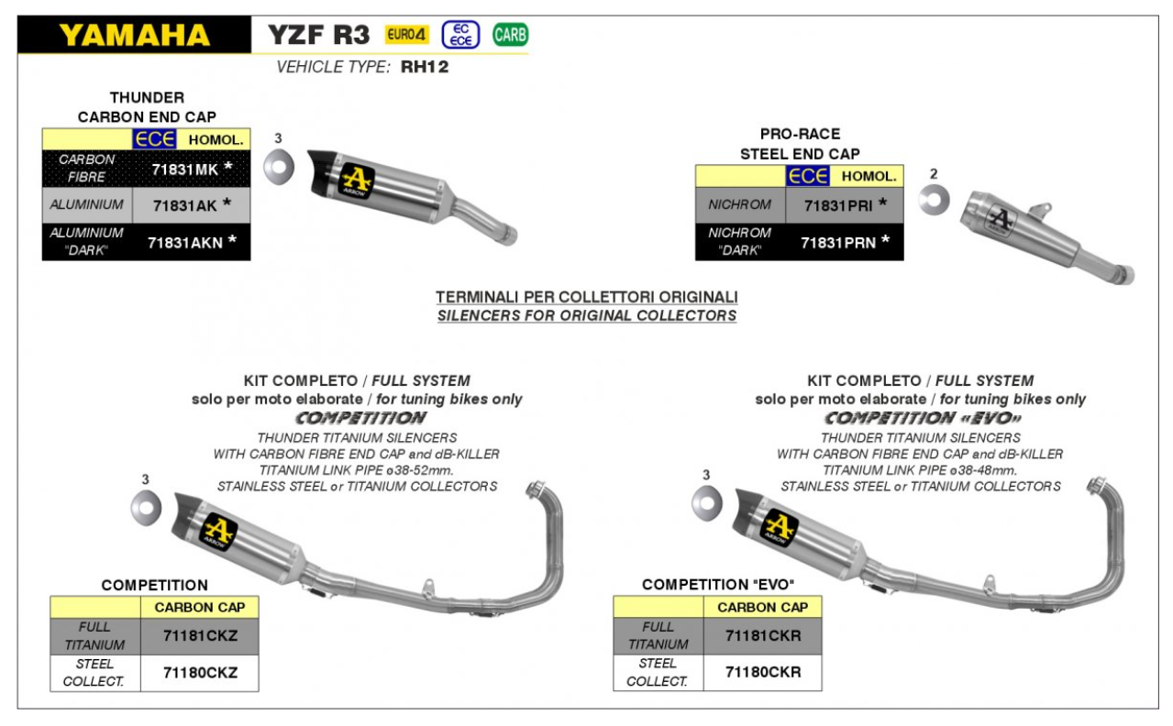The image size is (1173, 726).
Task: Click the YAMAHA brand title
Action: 134,36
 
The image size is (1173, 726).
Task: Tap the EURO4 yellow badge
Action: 406,36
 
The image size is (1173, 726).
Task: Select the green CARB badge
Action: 510,36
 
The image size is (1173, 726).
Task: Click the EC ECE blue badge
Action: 459,36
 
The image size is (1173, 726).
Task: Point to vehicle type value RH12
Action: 425,67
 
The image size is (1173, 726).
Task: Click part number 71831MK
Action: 184,169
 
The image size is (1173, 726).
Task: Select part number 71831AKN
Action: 186,242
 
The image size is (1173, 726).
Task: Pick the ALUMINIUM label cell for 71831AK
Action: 87,204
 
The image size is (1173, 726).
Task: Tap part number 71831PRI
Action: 838,204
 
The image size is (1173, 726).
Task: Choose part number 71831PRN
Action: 838,242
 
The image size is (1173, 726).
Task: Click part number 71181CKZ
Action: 200,636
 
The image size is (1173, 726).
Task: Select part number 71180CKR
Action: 763,672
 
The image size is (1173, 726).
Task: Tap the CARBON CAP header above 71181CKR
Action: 762,607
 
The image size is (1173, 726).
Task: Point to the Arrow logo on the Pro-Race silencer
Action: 1002,220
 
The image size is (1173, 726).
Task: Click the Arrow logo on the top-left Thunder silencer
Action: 354,180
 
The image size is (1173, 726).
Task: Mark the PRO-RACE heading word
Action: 800,134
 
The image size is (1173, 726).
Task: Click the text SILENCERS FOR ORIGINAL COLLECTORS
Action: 587,316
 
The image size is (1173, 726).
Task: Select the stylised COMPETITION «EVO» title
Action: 920,418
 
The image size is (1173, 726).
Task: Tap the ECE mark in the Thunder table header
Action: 149,139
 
